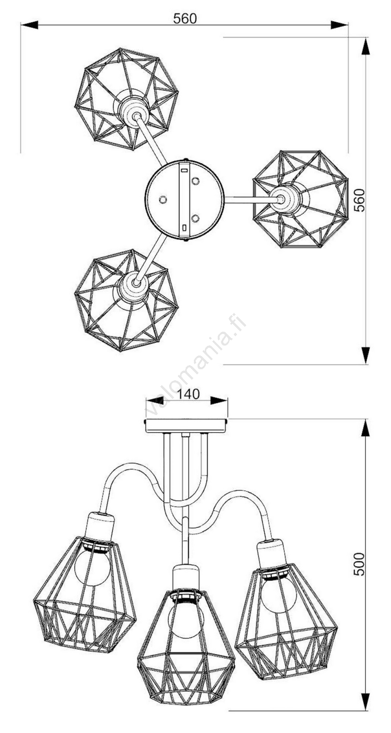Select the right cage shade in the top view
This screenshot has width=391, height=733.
click(x=300, y=199)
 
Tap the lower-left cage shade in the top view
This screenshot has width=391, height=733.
click(x=127, y=300)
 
